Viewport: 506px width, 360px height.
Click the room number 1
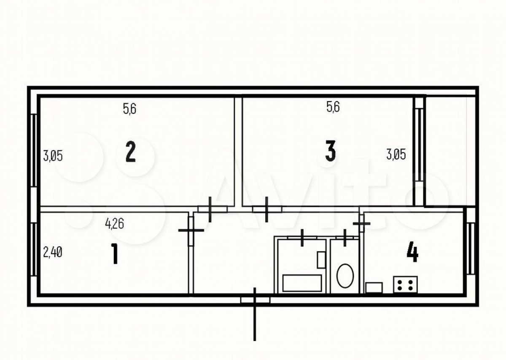pos(115,254)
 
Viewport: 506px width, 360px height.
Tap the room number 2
pos(131,151)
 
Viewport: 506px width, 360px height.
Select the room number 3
pos(330,151)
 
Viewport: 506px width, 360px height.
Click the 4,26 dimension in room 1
pos(115,224)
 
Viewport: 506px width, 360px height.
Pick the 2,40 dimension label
pos(53,252)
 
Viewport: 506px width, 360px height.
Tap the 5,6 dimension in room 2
pos(130,109)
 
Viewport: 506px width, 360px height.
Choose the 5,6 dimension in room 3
pos(333,107)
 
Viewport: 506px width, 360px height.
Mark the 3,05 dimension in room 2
pos(53,156)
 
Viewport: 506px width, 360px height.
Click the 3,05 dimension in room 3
pos(396,155)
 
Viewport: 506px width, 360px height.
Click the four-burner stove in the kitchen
pos(405,285)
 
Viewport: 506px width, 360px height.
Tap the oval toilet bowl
pos(345,276)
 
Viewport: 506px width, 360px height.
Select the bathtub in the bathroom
pos(302,283)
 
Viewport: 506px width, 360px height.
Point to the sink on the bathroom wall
pos(321,260)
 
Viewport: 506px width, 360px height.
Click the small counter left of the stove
pos(374,288)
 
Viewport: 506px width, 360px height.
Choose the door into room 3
pos(267,209)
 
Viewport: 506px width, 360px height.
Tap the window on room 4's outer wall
pos(470,249)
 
